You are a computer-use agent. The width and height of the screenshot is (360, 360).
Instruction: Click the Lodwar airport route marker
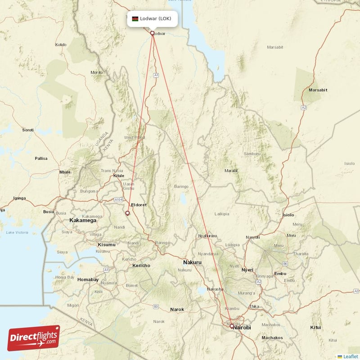point(152,33)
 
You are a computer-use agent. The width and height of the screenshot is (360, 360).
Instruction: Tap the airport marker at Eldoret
point(128,213)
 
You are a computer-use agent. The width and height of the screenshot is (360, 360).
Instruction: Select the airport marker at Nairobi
point(232,326)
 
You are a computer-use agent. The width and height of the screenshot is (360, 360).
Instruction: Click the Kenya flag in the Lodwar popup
point(135,19)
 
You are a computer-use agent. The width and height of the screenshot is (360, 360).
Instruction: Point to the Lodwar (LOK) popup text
point(155,19)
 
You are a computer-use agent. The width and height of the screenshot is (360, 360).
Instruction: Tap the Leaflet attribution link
point(350,356)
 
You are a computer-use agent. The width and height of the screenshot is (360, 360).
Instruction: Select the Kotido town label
point(60,45)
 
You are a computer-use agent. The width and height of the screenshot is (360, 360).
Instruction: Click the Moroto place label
point(97,72)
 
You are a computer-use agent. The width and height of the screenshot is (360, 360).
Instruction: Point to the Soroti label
point(28,130)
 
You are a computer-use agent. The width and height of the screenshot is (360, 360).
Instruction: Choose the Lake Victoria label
point(17,232)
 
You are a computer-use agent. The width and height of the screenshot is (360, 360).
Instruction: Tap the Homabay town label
point(88,279)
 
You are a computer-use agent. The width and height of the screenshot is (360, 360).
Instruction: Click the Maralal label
point(231,171)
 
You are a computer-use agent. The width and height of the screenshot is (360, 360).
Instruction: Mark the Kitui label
point(315,327)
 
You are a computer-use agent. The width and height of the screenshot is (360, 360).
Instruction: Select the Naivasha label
point(215,289)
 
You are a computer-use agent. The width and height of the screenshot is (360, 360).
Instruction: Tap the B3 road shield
point(156,306)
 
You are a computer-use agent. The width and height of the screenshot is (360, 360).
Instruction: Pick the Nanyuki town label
point(252,237)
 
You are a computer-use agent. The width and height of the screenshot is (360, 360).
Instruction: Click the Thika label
point(254,306)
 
